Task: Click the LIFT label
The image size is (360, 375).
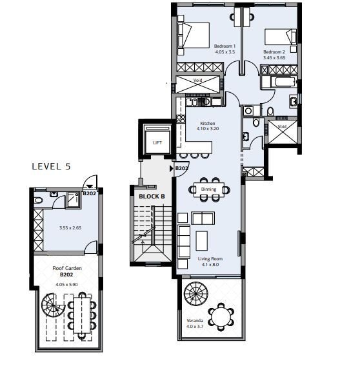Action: click(157, 143)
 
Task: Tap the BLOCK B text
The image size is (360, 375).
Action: click(152, 197)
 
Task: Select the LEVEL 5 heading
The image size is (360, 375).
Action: click(52, 166)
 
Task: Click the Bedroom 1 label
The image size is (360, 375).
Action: click(225, 46)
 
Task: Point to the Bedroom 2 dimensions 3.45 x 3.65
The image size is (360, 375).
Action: click(274, 57)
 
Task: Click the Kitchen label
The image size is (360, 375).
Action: click(208, 123)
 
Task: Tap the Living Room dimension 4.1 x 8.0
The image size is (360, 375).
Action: click(210, 265)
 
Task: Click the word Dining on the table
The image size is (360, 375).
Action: click(208, 189)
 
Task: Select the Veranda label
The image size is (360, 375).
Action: click(195, 320)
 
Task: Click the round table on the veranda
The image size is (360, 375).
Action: click(221, 317)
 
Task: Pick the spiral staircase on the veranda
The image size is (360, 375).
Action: click(196, 294)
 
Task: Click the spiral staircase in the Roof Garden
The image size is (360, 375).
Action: click(52, 305)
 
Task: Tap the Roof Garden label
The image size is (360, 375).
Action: click(67, 268)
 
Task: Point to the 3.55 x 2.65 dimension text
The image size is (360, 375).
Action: click(70, 228)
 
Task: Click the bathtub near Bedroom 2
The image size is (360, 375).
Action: click(285, 82)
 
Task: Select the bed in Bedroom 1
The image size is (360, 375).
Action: click(194, 35)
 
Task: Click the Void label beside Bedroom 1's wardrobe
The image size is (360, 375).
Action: click(197, 80)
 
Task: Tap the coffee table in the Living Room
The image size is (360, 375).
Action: click(202, 240)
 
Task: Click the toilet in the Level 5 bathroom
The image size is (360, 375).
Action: click(38, 200)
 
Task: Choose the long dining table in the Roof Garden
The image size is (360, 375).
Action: click(82, 315)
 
